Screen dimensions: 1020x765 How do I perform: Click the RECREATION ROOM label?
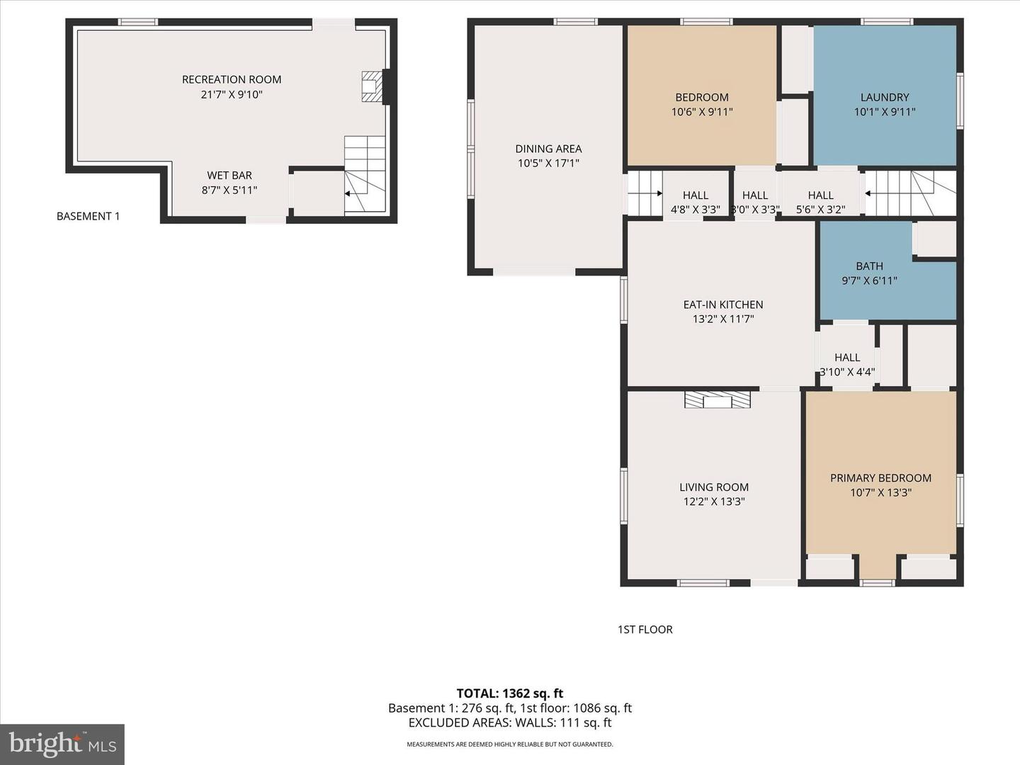(x=232, y=79)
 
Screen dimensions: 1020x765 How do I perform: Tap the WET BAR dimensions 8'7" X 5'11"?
(x=229, y=190)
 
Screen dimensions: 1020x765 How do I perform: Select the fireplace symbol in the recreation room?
(x=372, y=86)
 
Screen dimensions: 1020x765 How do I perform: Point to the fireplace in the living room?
(x=718, y=400)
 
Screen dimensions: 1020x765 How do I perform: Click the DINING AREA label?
(x=548, y=149)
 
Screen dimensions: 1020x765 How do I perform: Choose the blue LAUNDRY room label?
(x=885, y=97)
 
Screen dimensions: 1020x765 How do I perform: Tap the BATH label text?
(x=869, y=266)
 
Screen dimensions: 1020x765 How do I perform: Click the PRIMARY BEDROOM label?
(x=880, y=478)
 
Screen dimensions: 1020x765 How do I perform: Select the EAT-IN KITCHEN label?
(x=723, y=305)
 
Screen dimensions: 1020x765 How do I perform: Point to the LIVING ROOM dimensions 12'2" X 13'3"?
(x=714, y=501)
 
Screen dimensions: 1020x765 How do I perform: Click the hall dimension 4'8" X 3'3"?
(x=695, y=210)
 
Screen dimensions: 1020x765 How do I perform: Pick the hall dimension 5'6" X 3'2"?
(x=821, y=210)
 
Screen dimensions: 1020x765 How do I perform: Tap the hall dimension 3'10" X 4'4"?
(x=847, y=372)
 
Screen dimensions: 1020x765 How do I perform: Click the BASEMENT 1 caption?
(x=89, y=216)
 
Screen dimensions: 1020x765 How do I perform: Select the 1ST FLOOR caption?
(x=645, y=630)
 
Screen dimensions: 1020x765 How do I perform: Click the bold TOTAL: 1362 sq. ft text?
(x=510, y=693)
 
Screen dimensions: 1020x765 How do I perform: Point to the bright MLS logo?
(x=62, y=744)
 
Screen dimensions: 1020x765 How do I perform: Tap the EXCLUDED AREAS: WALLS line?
(x=510, y=722)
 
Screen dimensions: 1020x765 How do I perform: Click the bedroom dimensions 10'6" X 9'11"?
(x=702, y=112)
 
